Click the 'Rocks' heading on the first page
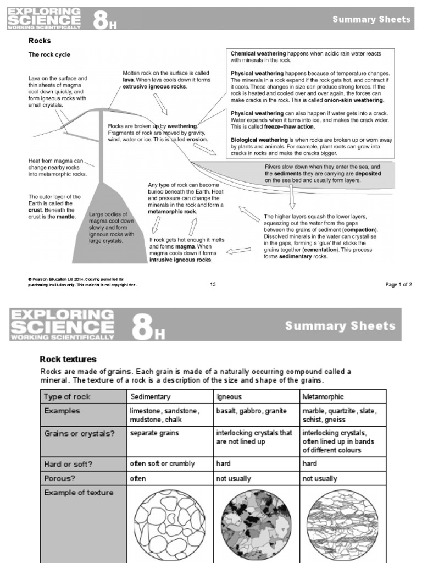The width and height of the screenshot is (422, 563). (x=40, y=41)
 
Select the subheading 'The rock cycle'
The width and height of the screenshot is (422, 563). (x=49, y=54)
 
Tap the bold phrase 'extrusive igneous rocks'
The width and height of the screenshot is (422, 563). (x=154, y=87)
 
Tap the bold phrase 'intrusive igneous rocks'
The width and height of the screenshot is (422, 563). (x=180, y=260)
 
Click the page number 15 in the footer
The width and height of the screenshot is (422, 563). (x=213, y=284)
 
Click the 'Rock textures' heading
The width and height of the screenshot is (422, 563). (x=68, y=359)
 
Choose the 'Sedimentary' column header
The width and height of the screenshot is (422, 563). (x=150, y=396)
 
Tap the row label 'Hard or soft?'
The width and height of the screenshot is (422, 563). (x=68, y=463)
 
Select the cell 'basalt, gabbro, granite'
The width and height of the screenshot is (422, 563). (x=251, y=411)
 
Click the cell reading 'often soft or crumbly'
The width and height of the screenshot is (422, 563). (x=162, y=463)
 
